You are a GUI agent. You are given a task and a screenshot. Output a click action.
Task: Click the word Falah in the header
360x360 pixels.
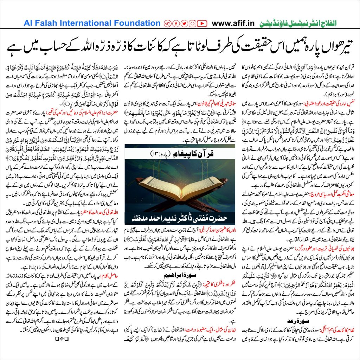(x=44, y=23)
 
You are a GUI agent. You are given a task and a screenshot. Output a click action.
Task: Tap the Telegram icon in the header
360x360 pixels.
(x=167, y=24)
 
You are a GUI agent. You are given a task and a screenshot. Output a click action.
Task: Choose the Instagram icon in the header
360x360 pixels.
(x=192, y=24)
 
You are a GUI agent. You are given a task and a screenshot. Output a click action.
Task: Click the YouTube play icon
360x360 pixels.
(x=201, y=24)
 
